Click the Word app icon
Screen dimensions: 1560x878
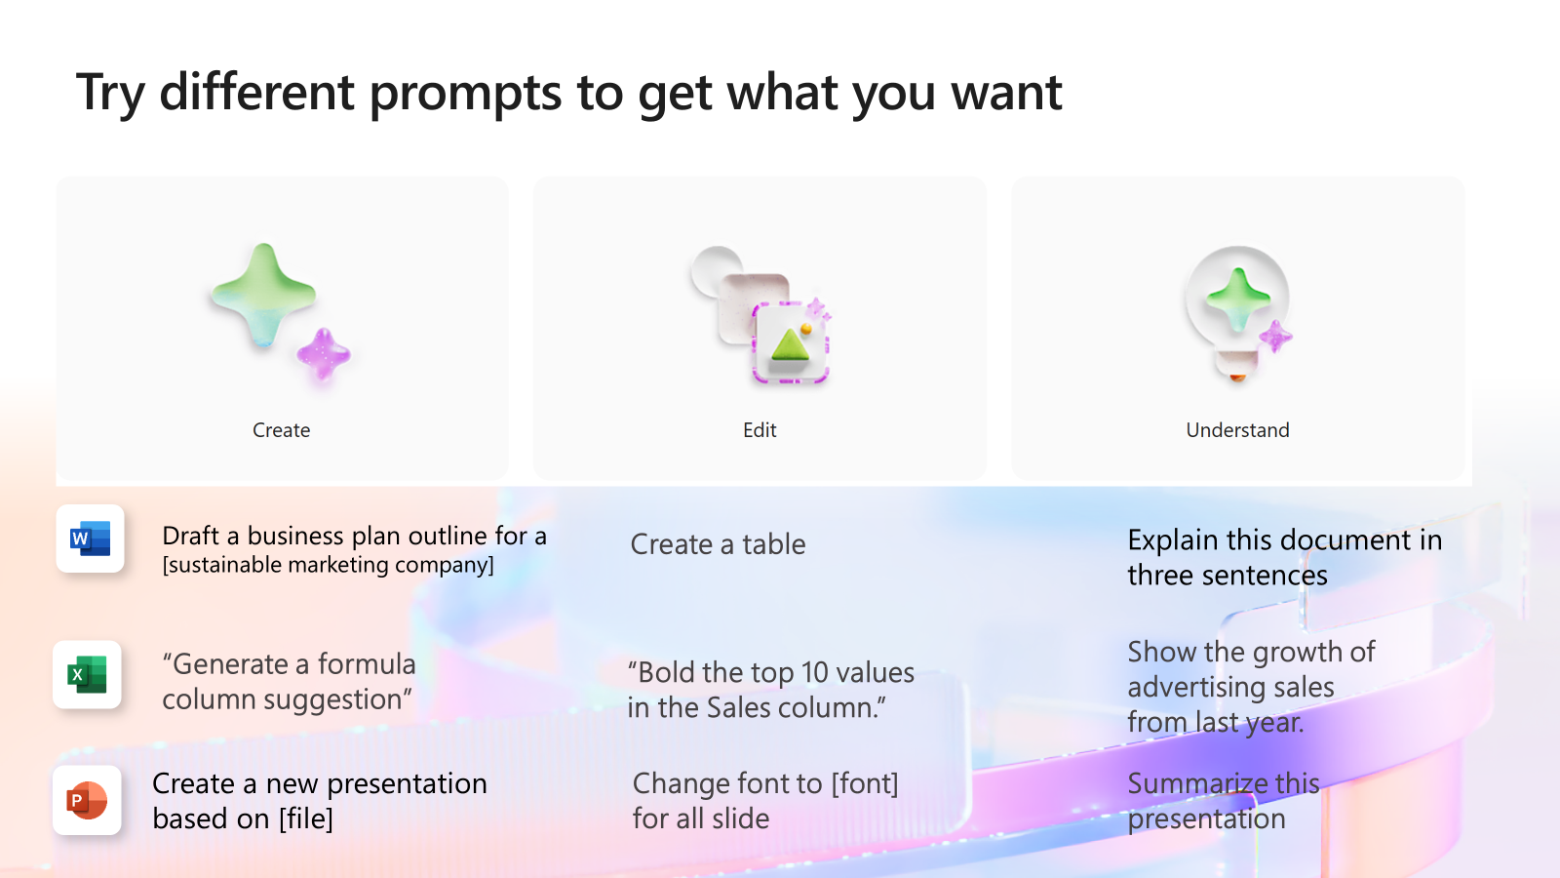(x=91, y=539)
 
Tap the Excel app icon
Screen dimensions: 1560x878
(x=87, y=674)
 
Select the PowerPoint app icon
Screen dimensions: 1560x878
(x=87, y=800)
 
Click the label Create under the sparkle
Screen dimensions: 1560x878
(x=282, y=430)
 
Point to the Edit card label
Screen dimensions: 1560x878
(x=760, y=430)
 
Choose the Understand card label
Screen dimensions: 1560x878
(x=1237, y=430)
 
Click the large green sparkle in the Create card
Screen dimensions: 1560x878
(x=264, y=295)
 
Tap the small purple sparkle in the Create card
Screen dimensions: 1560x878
(x=324, y=355)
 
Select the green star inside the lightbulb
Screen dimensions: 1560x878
(x=1238, y=299)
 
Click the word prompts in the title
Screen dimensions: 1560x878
(x=465, y=93)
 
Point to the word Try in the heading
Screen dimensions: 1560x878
(x=110, y=93)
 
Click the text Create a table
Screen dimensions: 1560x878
(x=718, y=544)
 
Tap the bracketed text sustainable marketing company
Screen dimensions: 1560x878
(x=328, y=565)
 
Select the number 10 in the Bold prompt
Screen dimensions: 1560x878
(x=814, y=673)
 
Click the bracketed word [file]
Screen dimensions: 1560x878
(x=306, y=818)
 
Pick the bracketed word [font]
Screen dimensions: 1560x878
(x=864, y=784)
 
